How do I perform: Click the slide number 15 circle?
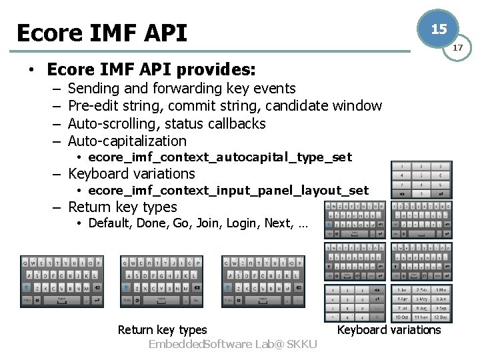click(x=438, y=29)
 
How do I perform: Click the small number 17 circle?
click(x=458, y=48)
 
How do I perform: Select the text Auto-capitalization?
click(x=127, y=141)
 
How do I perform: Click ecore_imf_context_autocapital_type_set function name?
click(x=219, y=157)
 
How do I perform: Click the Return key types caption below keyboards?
click(x=162, y=329)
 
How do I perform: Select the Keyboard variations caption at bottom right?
click(x=389, y=329)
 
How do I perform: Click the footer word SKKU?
click(x=302, y=344)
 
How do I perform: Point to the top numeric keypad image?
click(x=421, y=179)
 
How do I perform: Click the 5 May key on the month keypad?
click(x=421, y=299)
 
